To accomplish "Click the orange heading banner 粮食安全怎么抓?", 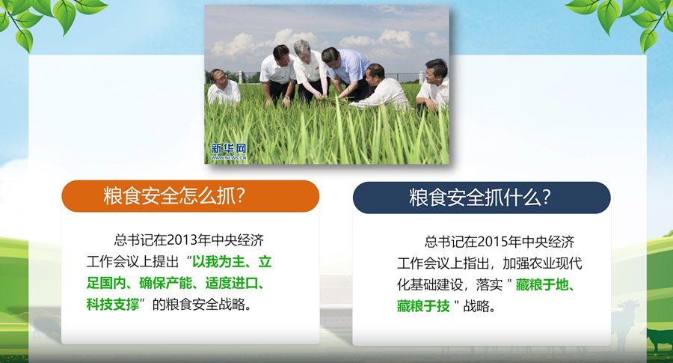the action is [190, 196].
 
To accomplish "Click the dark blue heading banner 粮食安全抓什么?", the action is [482, 198].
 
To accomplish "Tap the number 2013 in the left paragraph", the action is [182, 240].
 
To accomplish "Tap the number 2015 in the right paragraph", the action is [492, 242].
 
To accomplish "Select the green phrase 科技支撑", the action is [113, 305].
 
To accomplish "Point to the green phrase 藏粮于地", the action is [542, 285].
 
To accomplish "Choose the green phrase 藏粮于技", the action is [423, 306].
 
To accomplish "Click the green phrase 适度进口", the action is [231, 284].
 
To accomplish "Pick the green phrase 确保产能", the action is [166, 284].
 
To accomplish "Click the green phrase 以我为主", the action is [218, 262].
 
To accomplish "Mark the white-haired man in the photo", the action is [310, 72].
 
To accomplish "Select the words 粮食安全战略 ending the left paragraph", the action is [205, 305].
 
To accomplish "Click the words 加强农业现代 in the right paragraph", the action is [543, 263].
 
